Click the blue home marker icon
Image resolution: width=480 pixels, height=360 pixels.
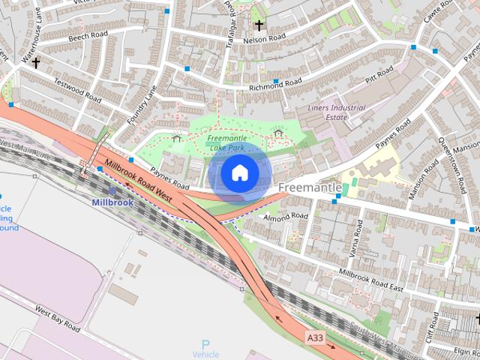[x=238, y=172]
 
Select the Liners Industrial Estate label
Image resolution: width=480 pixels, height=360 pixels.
[x=337, y=112]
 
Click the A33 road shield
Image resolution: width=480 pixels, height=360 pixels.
[x=316, y=338]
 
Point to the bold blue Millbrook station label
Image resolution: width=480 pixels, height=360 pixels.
[x=112, y=202]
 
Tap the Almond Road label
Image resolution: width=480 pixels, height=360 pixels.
[x=285, y=217]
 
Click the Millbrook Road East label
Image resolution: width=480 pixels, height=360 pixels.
[x=371, y=278]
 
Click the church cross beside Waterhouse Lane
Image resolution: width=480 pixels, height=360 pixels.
[x=35, y=63]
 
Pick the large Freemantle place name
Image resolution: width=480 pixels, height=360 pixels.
[x=310, y=187]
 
